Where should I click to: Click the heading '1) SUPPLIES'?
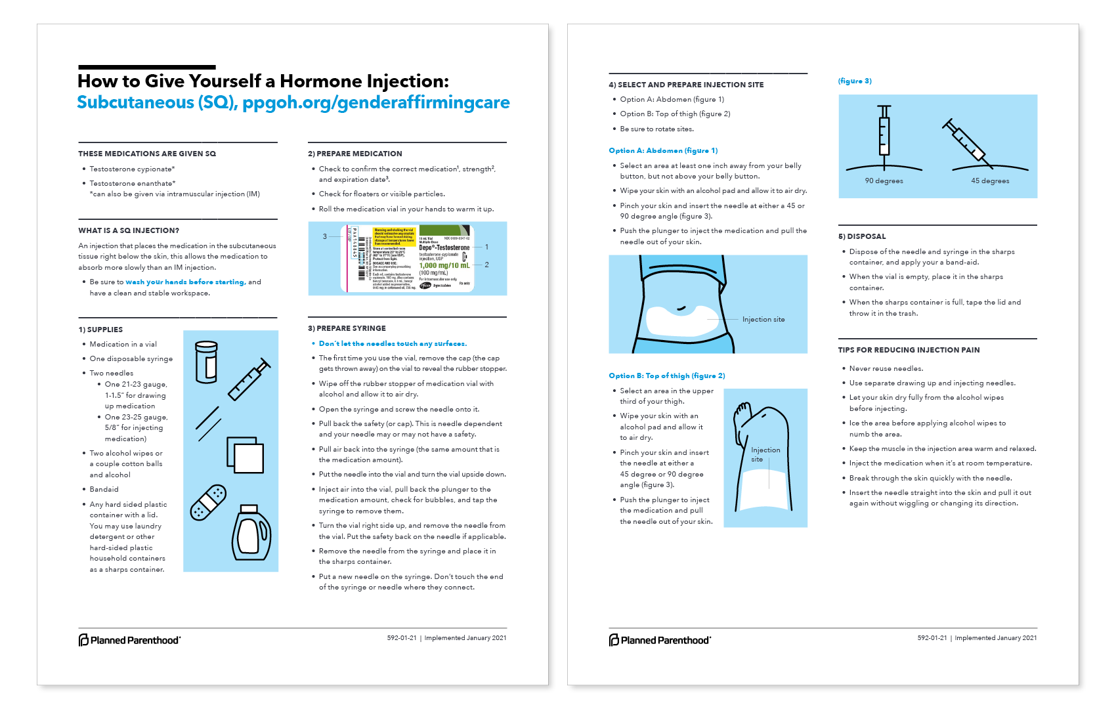tap(100, 330)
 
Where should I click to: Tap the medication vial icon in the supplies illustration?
tap(206, 362)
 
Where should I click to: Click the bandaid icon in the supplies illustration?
tap(208, 503)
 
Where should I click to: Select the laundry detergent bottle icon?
tap(251, 532)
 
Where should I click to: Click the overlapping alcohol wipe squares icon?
tap(246, 454)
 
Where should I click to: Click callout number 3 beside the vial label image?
tap(324, 236)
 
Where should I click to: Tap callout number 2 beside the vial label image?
tap(486, 265)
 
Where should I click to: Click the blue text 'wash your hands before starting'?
tap(185, 282)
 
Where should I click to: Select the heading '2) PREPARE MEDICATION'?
tap(354, 154)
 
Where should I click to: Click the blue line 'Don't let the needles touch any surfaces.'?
tap(393, 343)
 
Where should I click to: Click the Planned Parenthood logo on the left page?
tap(129, 639)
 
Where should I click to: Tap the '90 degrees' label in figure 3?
tap(884, 181)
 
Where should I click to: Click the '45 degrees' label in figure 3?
tap(990, 181)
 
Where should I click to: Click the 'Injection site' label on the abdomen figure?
tap(763, 320)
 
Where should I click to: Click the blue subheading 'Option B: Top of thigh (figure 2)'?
tap(666, 376)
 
